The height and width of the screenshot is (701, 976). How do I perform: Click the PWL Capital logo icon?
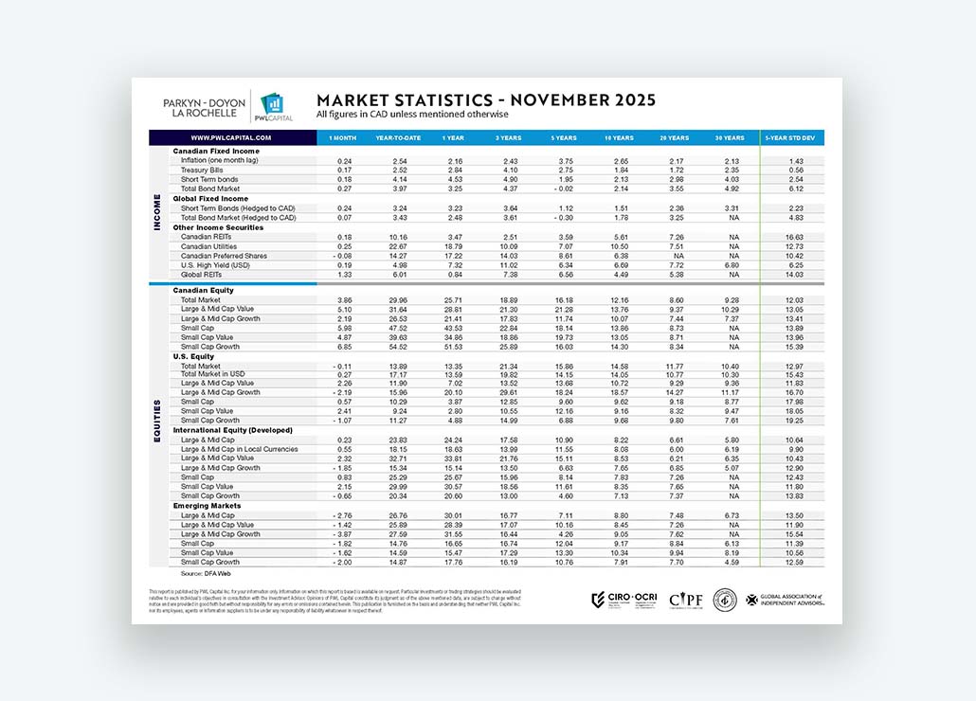tap(271, 104)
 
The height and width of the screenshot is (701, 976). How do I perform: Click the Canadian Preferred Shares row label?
tap(226, 256)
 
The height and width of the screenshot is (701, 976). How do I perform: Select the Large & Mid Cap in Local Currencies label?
tap(240, 449)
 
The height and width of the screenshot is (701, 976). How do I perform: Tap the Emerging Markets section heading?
tap(206, 506)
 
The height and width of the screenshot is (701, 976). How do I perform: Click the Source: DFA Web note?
tap(205, 573)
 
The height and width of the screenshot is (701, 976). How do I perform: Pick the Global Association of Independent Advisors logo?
tap(785, 600)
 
